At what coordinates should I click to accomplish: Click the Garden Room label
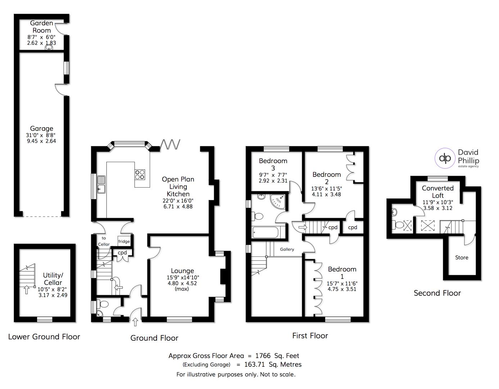pyautogui.click(x=41, y=27)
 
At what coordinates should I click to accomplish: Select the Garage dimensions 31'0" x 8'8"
pyautogui.click(x=41, y=135)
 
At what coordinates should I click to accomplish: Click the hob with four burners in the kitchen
pyautogui.click(x=140, y=174)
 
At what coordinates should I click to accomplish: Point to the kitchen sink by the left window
pyautogui.click(x=101, y=184)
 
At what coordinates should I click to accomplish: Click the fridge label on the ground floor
pyautogui.click(x=124, y=241)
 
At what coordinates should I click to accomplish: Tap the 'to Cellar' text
pyautogui.click(x=104, y=241)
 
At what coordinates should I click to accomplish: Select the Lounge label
pyautogui.click(x=182, y=271)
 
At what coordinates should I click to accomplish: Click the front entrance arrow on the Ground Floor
pyautogui.click(x=135, y=322)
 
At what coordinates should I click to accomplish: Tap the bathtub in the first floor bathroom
pyautogui.click(x=266, y=232)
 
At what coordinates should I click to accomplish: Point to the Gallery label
pyautogui.click(x=287, y=249)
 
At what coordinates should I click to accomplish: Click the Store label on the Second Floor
pyautogui.click(x=462, y=258)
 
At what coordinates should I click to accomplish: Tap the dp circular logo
pyautogui.click(x=445, y=158)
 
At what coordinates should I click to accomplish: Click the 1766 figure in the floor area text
pyautogui.click(x=263, y=356)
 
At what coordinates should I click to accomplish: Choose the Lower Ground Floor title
pyautogui.click(x=44, y=337)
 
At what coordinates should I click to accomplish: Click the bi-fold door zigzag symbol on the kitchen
pyautogui.click(x=170, y=144)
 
